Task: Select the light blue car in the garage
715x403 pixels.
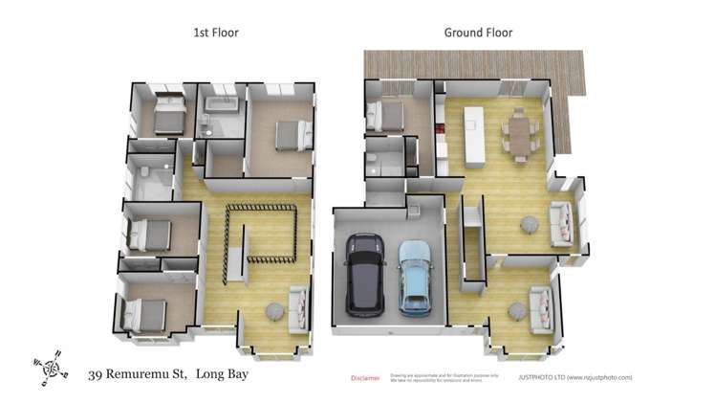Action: click(x=416, y=277)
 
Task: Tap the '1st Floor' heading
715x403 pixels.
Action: click(x=215, y=33)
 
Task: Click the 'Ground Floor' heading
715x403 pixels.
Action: click(x=478, y=33)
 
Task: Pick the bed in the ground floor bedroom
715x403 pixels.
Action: click(x=388, y=117)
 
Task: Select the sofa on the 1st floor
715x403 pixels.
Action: click(x=298, y=304)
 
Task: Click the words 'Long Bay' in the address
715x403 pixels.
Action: click(x=222, y=374)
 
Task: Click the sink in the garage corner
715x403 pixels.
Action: click(x=414, y=208)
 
